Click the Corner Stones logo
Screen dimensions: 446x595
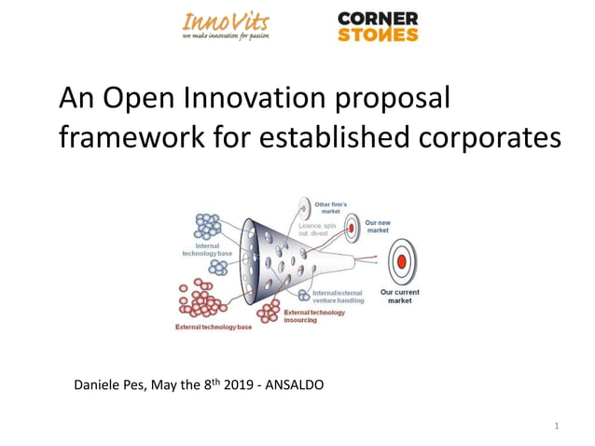point(377,26)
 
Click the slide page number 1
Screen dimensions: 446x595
point(556,427)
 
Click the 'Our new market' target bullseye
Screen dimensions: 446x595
point(352,225)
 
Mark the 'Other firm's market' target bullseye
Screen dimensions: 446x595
point(303,207)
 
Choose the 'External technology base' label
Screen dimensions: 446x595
point(214,327)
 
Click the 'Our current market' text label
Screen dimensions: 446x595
point(400,296)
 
